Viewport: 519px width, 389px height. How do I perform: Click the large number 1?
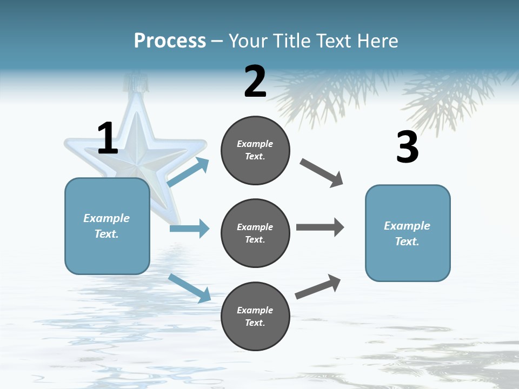(x=108, y=138)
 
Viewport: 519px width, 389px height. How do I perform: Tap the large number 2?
(x=255, y=82)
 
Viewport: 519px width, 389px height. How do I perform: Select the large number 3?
(x=407, y=147)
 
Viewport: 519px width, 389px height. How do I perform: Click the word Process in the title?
(x=170, y=41)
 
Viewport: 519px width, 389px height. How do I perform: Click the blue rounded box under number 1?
(x=107, y=226)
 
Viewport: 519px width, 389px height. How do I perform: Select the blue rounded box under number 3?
(x=408, y=233)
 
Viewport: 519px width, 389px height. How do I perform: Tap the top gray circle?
(x=255, y=150)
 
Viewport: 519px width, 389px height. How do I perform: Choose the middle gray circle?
(x=255, y=233)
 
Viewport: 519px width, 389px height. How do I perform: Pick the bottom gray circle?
(x=255, y=316)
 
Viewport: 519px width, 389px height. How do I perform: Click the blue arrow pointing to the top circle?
(x=188, y=172)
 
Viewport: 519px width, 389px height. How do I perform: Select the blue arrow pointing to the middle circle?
(x=189, y=229)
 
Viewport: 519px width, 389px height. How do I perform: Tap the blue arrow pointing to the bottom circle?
(x=190, y=288)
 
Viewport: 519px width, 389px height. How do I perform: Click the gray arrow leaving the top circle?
(x=322, y=173)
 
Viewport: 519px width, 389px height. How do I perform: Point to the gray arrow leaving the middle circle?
(x=320, y=227)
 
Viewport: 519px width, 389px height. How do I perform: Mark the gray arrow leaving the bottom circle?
(x=318, y=287)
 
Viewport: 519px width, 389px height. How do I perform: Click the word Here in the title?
(x=376, y=41)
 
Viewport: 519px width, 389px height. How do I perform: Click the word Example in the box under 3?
(x=407, y=226)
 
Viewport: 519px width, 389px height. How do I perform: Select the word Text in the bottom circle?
(x=255, y=323)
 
